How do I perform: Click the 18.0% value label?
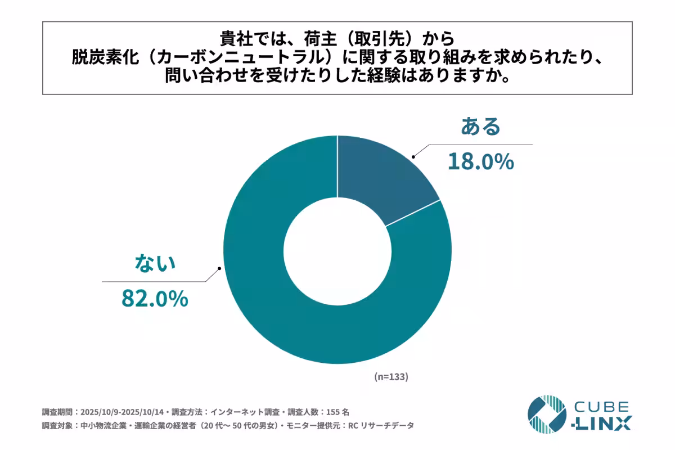tap(480, 162)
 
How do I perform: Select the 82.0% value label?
tap(155, 298)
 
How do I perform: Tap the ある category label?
tap(480, 127)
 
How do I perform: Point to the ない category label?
tap(155, 263)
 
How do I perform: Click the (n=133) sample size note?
tap(391, 377)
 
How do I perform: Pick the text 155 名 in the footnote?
tap(337, 411)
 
